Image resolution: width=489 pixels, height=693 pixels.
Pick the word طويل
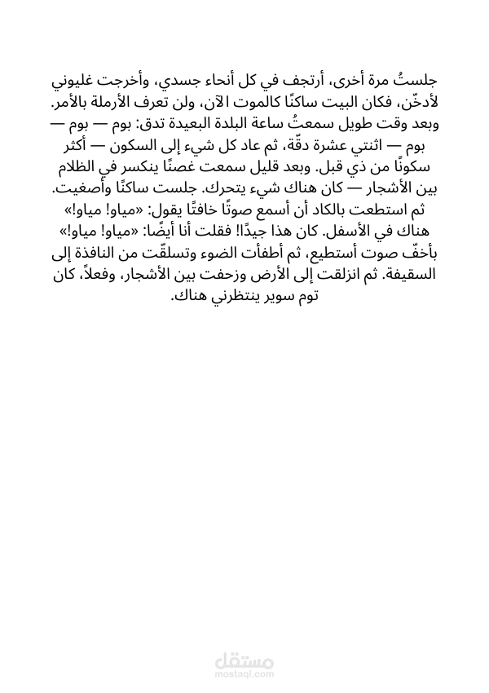pyautogui.click(x=355, y=125)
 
